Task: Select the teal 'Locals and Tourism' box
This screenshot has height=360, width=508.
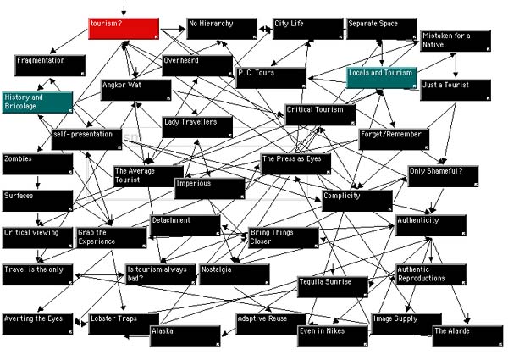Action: [382, 78]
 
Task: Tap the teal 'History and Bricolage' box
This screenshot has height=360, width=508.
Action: [36, 102]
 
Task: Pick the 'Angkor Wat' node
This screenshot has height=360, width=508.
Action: [135, 90]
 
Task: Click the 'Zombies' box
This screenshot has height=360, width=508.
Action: [36, 163]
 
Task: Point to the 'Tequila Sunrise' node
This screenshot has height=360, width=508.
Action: [333, 286]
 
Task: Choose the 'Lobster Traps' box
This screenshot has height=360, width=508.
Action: [124, 323]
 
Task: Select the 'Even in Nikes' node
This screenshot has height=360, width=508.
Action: [333, 335]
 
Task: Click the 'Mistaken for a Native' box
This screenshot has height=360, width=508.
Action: [456, 41]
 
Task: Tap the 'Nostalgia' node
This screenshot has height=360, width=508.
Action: [234, 274]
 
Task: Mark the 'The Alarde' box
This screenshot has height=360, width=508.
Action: [467, 335]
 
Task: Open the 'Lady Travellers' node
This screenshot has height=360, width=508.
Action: [197, 127]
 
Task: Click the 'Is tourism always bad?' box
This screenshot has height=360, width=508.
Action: [160, 274]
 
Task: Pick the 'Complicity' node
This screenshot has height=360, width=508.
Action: [356, 201]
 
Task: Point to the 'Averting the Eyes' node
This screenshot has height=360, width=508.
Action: [36, 323]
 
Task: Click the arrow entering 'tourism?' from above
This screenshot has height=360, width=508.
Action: [124, 11]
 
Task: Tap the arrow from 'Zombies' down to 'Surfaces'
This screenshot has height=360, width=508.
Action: [37, 181]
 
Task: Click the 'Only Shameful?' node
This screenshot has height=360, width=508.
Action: [443, 176]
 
